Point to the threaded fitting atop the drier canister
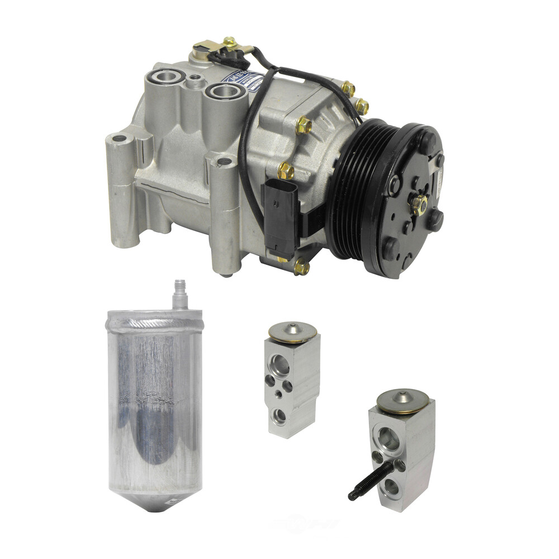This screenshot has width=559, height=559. pos(179,293)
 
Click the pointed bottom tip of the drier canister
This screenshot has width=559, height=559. pos(154,506)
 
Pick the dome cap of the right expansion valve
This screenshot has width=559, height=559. pos(402,400)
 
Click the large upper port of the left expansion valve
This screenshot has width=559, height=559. pos(281,365)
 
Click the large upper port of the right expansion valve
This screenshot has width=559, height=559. pos(389,439)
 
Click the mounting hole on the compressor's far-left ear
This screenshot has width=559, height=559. pos(119,138)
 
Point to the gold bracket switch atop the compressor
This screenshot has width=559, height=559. pos(215,48)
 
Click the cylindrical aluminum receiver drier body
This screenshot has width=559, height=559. pos(154,402)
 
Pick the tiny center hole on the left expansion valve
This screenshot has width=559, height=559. pos(279,394)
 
